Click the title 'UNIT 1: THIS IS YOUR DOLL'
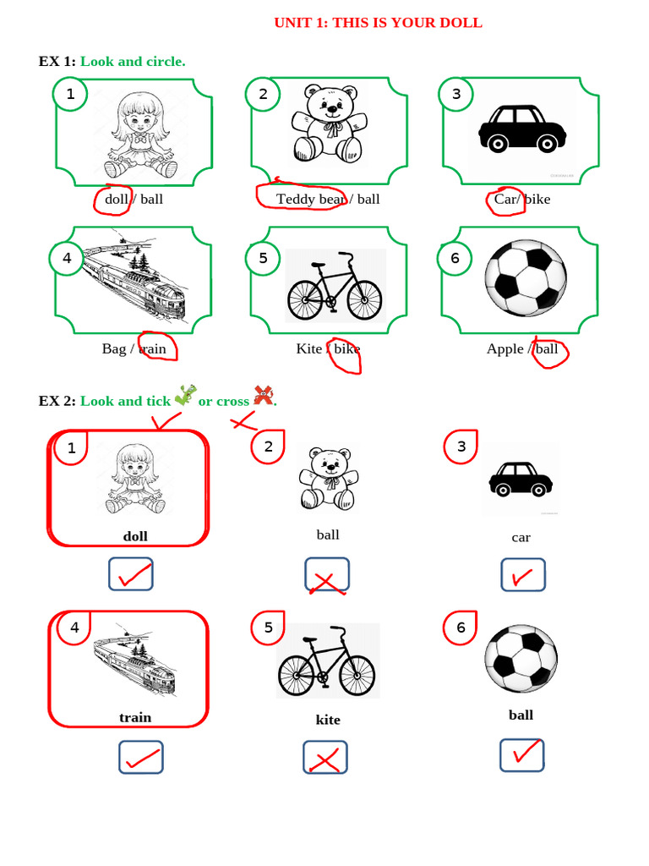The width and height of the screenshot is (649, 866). coord(378,23)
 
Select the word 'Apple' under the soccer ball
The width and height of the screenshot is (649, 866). coord(505,348)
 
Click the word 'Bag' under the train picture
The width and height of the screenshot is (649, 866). coord(113,348)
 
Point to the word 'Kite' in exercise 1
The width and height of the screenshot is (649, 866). coord(308,348)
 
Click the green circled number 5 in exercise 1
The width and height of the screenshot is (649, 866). coord(263,258)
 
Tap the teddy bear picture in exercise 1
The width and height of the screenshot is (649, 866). coord(329,123)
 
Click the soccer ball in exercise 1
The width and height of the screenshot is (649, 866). coord(526,278)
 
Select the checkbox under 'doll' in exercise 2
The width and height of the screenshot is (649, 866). coord(131,574)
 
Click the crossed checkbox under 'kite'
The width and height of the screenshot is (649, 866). coord(325,758)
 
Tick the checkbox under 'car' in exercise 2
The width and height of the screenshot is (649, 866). coord(522,575)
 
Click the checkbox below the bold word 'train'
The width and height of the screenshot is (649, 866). coord(141,758)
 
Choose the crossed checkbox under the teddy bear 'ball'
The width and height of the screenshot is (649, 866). coord(327,575)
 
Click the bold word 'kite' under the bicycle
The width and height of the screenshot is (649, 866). coord(328,720)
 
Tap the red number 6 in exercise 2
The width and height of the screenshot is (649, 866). coord(461,628)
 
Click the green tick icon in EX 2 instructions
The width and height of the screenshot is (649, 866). coord(185,395)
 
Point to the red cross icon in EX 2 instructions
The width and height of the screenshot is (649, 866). coord(264,395)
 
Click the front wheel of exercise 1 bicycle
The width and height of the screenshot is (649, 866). coord(364,299)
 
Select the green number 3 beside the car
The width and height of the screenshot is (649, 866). coord(456,94)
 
